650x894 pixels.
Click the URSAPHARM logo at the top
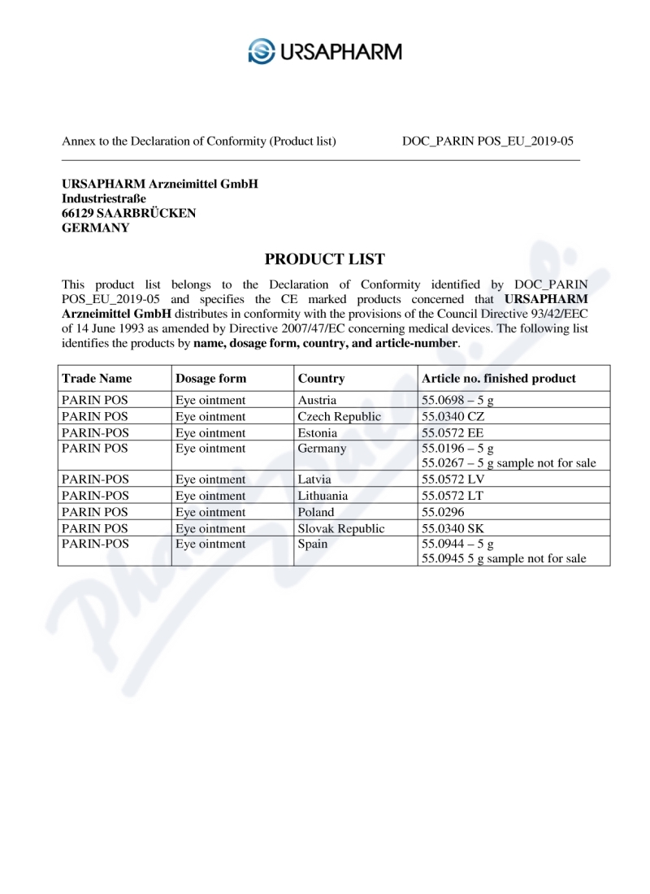point(325,51)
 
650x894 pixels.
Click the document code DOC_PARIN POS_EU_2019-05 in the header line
point(487,141)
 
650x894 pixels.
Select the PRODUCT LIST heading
point(325,259)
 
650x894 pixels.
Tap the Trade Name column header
point(97,378)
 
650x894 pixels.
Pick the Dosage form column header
point(210,378)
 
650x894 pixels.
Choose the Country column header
point(321,378)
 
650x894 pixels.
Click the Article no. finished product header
point(498,378)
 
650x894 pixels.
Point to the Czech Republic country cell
point(339,417)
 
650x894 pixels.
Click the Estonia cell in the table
point(318,433)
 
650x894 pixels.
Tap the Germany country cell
point(322,449)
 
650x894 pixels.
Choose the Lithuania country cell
point(323,496)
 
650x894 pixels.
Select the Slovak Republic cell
point(341,528)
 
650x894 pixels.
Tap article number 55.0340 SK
point(452,528)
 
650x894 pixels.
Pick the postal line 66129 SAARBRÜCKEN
point(128,213)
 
